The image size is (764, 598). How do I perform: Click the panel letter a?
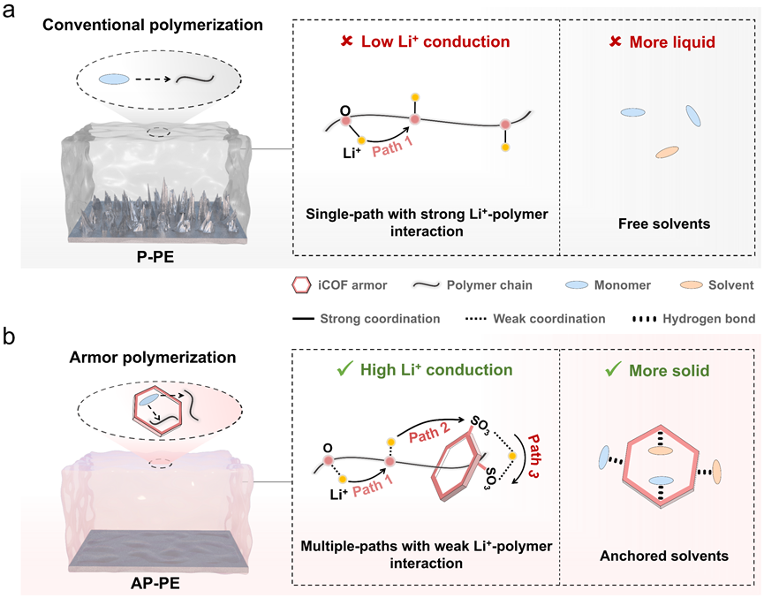9,11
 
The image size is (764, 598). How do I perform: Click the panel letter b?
9,337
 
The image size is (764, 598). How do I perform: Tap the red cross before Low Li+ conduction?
346,41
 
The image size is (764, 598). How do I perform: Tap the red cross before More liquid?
616,42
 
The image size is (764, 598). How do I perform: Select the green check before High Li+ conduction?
344,369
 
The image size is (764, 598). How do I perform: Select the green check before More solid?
613,369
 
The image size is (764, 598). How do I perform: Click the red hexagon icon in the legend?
301,285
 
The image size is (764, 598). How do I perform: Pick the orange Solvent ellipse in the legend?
692,285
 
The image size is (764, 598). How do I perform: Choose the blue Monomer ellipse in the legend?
577,285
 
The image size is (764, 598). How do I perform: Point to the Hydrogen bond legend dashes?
643,319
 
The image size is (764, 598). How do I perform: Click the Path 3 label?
533,456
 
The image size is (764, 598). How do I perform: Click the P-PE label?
155,257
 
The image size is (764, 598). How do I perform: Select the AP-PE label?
155,583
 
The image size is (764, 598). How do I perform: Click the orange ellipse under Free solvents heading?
667,152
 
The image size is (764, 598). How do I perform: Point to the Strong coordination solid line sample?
303,319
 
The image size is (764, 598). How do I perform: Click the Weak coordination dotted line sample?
475,319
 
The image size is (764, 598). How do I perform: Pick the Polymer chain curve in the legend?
427,285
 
